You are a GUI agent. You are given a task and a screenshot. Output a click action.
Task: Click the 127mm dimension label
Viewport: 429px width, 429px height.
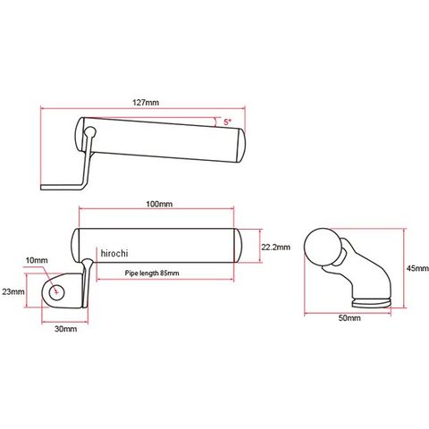pyautogui.click(x=146, y=103)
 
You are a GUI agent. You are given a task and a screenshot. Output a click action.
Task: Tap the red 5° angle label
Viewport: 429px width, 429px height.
pyautogui.click(x=228, y=122)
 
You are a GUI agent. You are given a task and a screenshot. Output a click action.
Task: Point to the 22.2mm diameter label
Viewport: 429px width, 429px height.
pyautogui.click(x=275, y=247)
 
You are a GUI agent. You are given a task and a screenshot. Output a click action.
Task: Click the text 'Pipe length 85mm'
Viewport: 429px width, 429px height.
pyautogui.click(x=152, y=273)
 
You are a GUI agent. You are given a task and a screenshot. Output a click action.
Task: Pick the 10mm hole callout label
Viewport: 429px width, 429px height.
pyautogui.click(x=37, y=260)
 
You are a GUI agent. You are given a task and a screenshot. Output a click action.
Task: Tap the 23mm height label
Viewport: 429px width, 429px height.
pyautogui.click(x=13, y=291)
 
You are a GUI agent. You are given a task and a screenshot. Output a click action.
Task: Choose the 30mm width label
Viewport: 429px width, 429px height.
pyautogui.click(x=66, y=329)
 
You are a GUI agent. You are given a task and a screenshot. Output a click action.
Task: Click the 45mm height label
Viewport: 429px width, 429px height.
pyautogui.click(x=417, y=268)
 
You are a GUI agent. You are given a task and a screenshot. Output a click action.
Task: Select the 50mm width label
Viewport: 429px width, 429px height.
pyautogui.click(x=349, y=318)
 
